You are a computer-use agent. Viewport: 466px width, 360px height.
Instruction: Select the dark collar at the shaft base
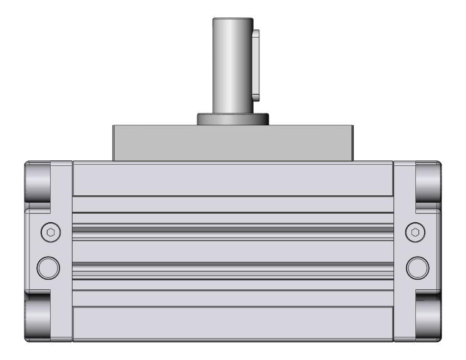233,119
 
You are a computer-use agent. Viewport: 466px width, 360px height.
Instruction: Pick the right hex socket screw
417,232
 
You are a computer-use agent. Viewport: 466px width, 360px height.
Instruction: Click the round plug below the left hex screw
49,267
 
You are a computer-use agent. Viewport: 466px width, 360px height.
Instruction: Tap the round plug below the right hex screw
417,267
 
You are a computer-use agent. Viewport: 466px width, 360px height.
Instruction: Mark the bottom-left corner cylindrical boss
38,320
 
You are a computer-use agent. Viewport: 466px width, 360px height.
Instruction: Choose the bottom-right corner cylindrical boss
428,320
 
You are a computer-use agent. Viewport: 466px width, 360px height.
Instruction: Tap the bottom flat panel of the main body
233,323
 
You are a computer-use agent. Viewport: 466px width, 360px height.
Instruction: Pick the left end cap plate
61,250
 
